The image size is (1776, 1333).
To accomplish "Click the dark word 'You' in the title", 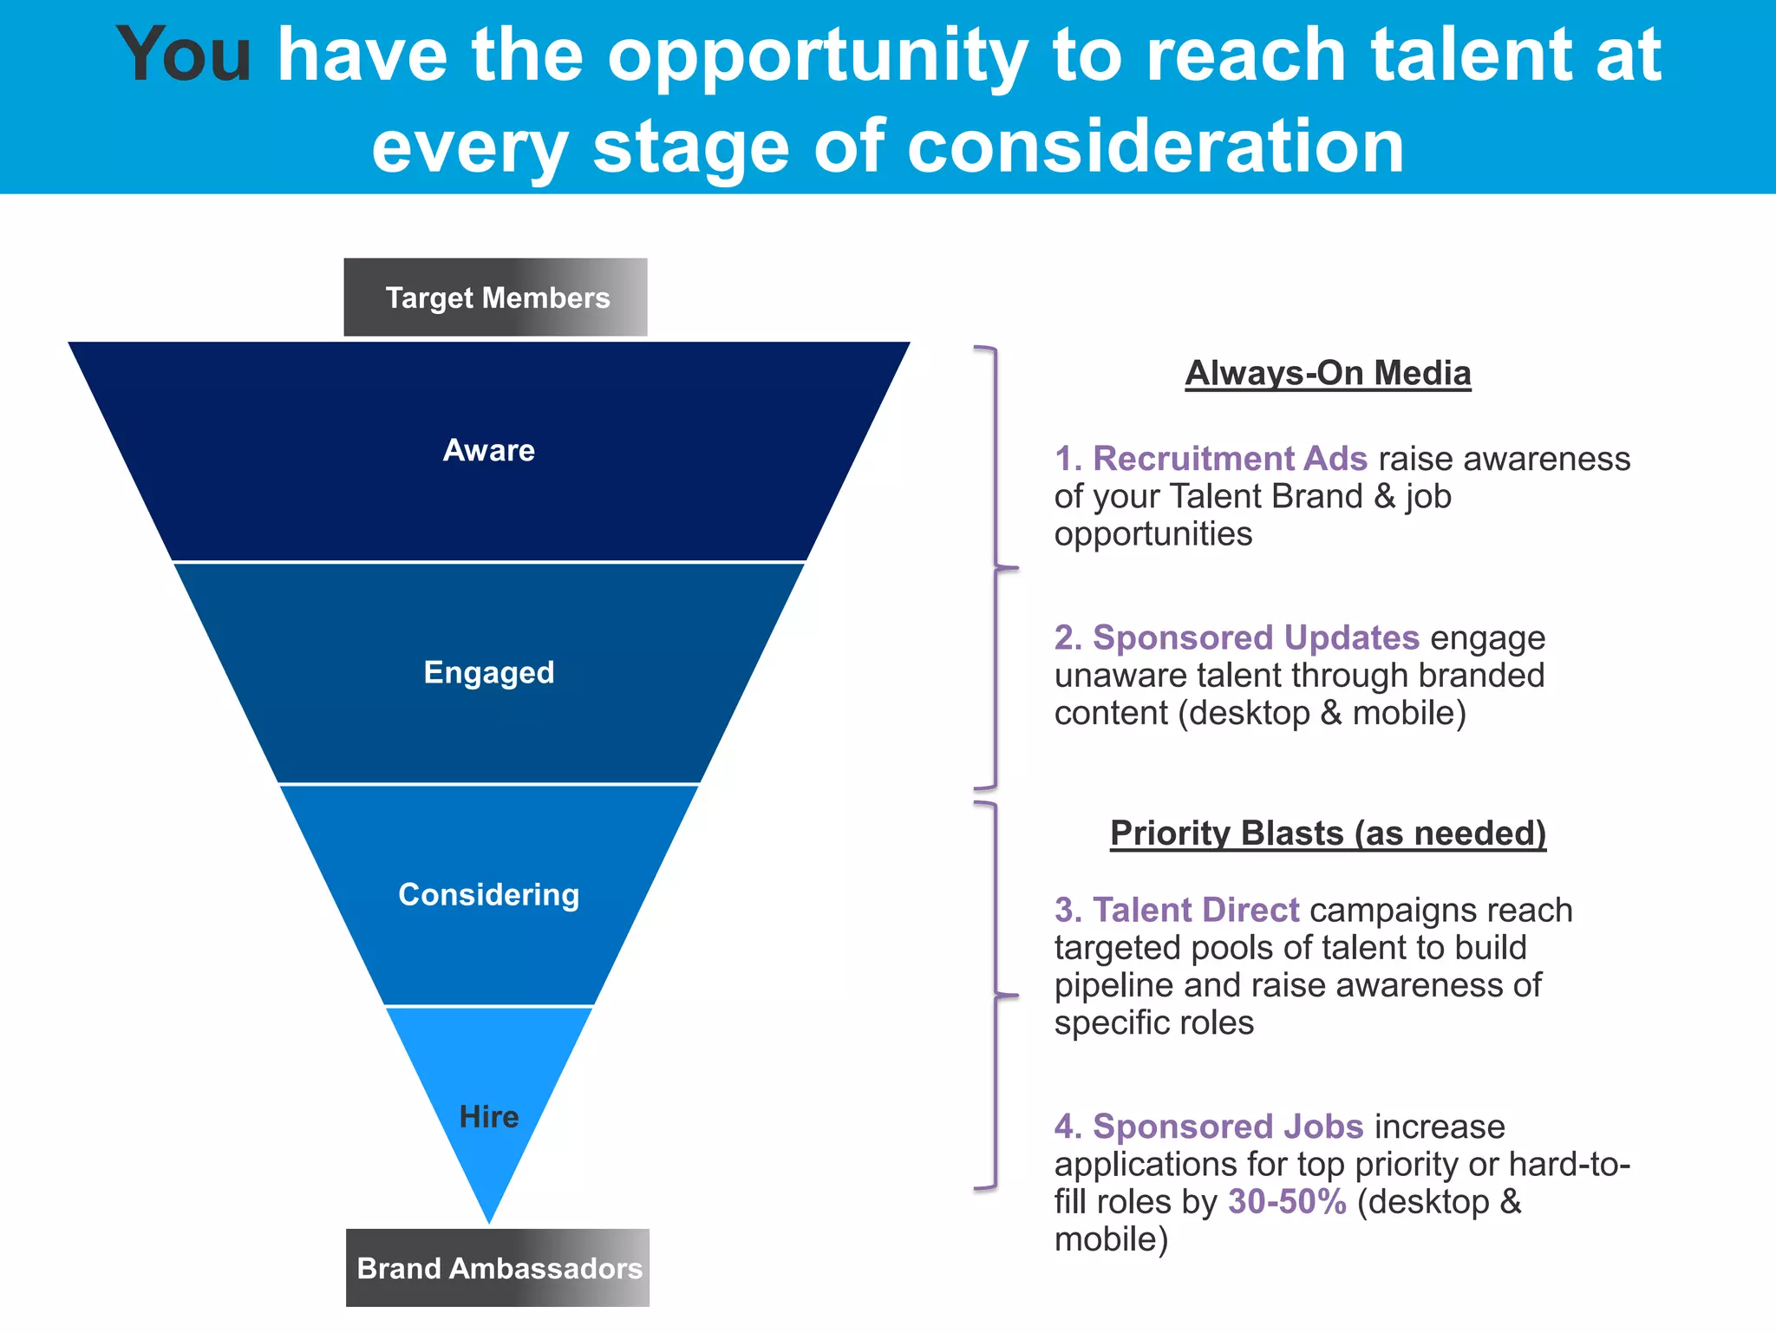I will click(x=184, y=56).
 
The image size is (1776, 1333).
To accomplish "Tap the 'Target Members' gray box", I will click(x=496, y=297).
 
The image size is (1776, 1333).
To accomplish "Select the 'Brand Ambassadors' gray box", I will click(x=498, y=1268).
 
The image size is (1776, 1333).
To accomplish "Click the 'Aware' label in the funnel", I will click(x=489, y=450).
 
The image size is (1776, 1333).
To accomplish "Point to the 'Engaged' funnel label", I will click(x=489, y=673).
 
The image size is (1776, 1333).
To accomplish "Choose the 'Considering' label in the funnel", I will click(x=489, y=895).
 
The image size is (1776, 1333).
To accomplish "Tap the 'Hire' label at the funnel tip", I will click(x=489, y=1117).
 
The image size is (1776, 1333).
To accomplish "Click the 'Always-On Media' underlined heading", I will click(x=1328, y=373).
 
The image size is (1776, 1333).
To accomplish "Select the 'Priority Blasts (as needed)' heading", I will click(x=1328, y=833).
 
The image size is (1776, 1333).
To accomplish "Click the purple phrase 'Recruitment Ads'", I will click(x=1230, y=458).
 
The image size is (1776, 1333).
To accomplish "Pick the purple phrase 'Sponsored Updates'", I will click(x=1256, y=637).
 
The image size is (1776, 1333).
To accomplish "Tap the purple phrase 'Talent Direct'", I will click(x=1196, y=910).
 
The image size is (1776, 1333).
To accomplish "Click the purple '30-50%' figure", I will click(x=1287, y=1202).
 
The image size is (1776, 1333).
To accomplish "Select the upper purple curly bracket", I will click(x=996, y=568).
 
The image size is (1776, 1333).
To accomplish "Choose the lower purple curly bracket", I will click(x=996, y=996).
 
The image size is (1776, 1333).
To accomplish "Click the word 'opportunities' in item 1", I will click(x=1153, y=534).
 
